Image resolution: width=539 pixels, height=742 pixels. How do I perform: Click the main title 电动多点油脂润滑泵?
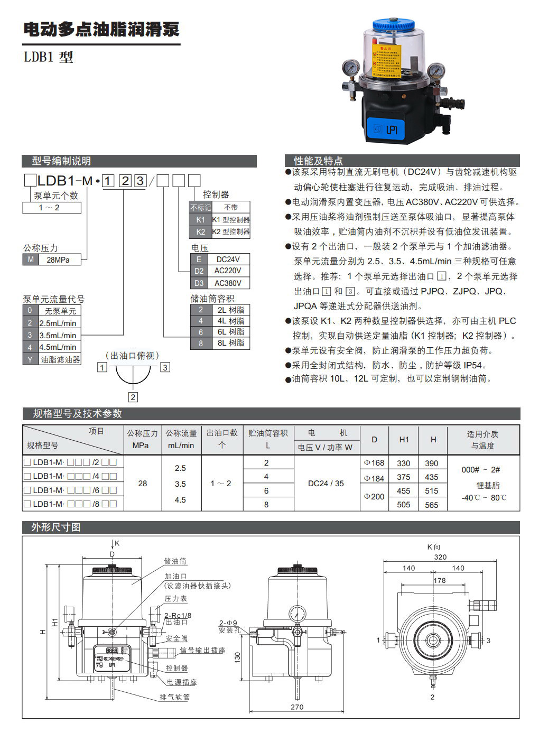point(101,29)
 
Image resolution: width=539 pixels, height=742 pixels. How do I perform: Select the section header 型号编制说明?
point(61,161)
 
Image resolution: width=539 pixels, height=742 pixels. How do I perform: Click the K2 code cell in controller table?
point(200,231)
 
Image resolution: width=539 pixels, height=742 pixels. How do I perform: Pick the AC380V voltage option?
point(228,283)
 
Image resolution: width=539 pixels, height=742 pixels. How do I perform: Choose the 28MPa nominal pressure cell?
point(58,259)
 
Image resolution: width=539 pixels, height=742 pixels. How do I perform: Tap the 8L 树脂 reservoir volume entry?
point(230,343)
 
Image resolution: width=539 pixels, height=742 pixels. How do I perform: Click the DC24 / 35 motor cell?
point(326,483)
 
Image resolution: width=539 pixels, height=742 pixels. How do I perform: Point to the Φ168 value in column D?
point(374,463)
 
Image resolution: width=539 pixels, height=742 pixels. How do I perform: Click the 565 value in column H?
point(432,505)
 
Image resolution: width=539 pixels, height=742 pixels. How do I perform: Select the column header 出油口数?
point(222,433)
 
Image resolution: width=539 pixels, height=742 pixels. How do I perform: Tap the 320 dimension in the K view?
point(440,556)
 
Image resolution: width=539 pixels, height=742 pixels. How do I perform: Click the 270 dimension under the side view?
point(297,707)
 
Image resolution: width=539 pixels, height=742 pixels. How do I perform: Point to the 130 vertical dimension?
point(238,657)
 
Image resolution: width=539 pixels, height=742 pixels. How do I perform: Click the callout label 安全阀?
point(176,638)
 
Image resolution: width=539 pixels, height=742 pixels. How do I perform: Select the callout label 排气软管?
point(174,697)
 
